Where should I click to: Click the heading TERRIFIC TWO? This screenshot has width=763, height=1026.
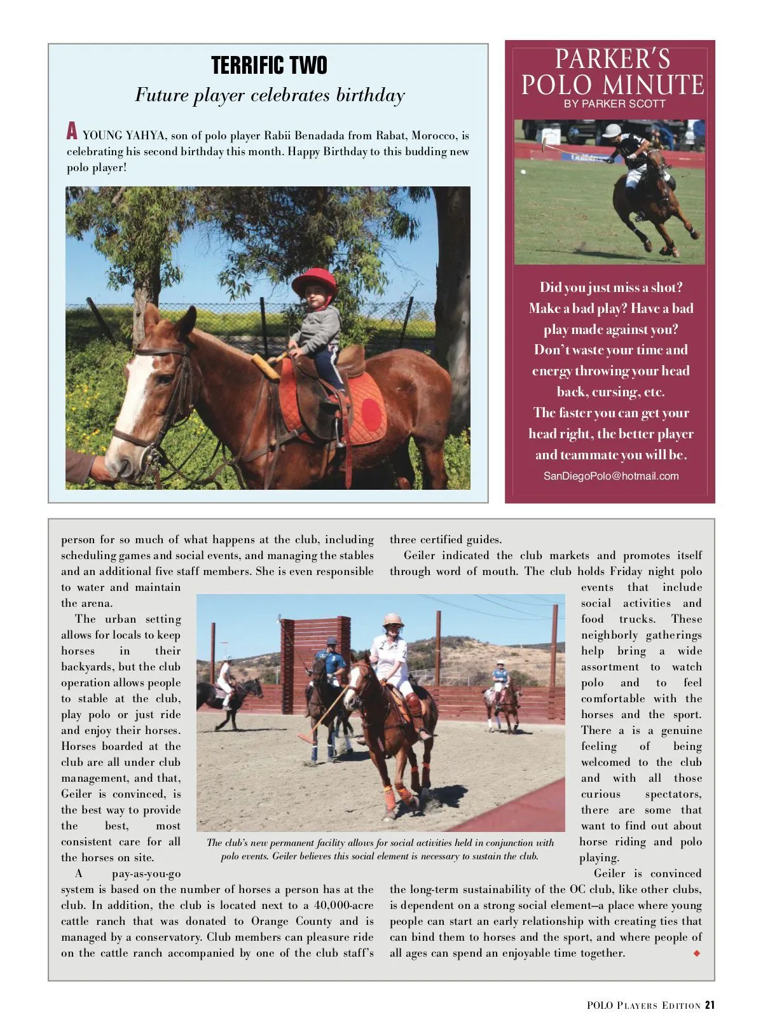click(269, 66)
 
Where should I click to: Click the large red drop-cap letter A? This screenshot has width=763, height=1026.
click(72, 132)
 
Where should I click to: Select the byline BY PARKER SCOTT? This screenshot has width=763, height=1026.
click(614, 104)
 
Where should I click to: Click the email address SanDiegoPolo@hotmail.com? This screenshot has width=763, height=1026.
click(611, 476)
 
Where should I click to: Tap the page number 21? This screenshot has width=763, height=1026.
click(710, 1005)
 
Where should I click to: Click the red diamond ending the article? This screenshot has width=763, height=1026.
click(697, 953)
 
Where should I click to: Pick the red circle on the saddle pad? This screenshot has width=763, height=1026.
click(372, 412)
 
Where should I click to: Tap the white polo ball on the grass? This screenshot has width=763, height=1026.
click(523, 172)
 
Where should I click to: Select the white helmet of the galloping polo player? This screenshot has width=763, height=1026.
click(612, 130)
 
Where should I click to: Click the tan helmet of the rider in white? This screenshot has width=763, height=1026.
click(393, 620)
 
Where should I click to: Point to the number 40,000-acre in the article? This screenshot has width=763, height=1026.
click(344, 905)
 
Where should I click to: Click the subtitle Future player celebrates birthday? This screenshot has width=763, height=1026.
click(270, 95)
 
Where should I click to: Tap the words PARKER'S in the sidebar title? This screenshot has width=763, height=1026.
click(612, 59)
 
